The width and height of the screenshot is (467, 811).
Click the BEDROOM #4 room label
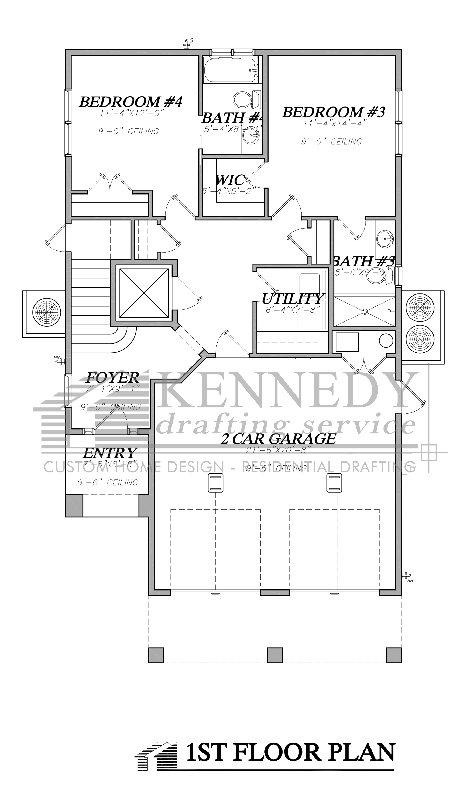coord(131,102)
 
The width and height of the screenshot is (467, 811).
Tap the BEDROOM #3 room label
coord(334,112)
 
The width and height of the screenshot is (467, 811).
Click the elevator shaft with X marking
coord(144,293)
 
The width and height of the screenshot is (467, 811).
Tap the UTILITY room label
coord(292,299)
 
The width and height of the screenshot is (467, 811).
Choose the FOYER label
coord(112,377)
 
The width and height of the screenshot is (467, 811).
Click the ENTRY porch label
coord(109,453)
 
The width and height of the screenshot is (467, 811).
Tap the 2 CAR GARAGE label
coord(278,439)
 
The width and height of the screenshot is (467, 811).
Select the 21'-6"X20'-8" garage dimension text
coord(278,450)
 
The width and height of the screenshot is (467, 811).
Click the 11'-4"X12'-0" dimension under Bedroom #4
coord(132,113)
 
